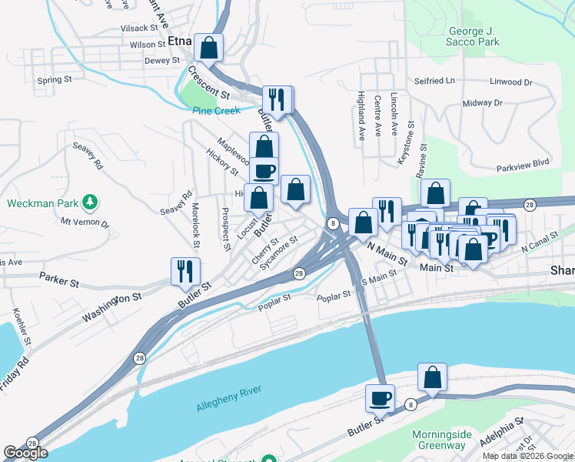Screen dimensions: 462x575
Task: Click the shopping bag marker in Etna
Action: [208, 48]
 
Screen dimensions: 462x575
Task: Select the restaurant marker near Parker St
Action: [185, 271]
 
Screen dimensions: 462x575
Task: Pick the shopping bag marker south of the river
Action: [433, 378]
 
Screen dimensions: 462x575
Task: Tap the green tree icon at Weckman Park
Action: [91, 203]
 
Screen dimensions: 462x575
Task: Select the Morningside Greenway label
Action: [441, 440]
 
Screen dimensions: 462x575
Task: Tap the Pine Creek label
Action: [216, 111]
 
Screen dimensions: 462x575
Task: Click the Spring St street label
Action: [54, 79]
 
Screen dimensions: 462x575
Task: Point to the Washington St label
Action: [112, 306]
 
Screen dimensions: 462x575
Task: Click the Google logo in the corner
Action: [25, 453]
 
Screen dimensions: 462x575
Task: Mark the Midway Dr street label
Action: [482, 102]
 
